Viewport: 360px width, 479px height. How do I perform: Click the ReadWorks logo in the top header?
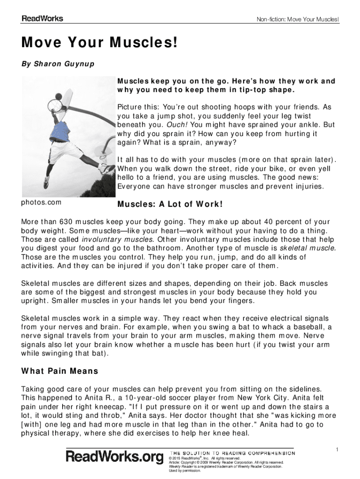[x=42, y=19]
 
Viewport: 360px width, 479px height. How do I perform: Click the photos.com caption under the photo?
[x=42, y=203]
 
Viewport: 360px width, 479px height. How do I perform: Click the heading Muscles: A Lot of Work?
[x=170, y=205]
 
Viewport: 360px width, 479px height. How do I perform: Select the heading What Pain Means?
[x=60, y=371]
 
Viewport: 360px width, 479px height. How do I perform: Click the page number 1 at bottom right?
[x=337, y=450]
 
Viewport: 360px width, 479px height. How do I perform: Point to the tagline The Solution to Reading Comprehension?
[x=232, y=453]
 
